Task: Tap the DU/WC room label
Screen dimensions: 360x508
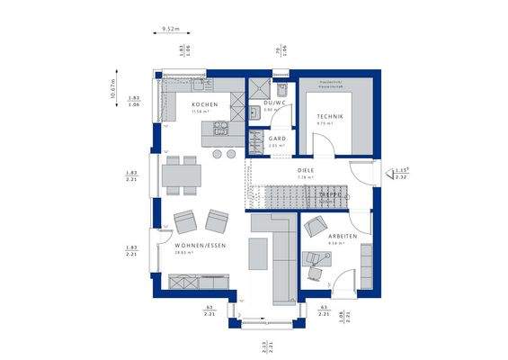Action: [273, 103]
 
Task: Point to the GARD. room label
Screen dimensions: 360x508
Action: [277, 139]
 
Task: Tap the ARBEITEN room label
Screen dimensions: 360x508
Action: [343, 236]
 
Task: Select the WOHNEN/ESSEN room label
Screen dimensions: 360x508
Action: [200, 246]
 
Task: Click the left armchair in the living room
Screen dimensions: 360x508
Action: [186, 221]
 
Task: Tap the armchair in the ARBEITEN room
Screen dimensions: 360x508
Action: [316, 226]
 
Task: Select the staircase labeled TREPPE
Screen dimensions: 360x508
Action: [297, 194]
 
